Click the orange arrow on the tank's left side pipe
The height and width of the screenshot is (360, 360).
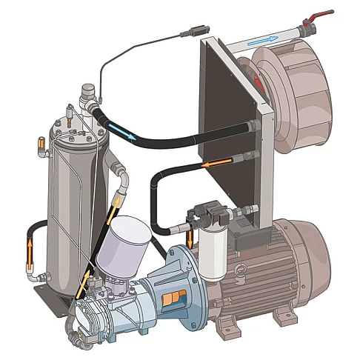[30, 248]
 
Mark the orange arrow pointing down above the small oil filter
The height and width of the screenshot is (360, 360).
[191, 238]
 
